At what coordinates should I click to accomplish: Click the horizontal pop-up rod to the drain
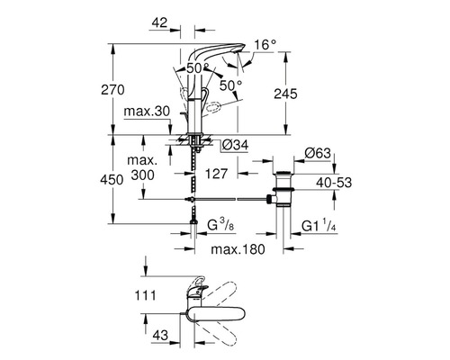(234, 196)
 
